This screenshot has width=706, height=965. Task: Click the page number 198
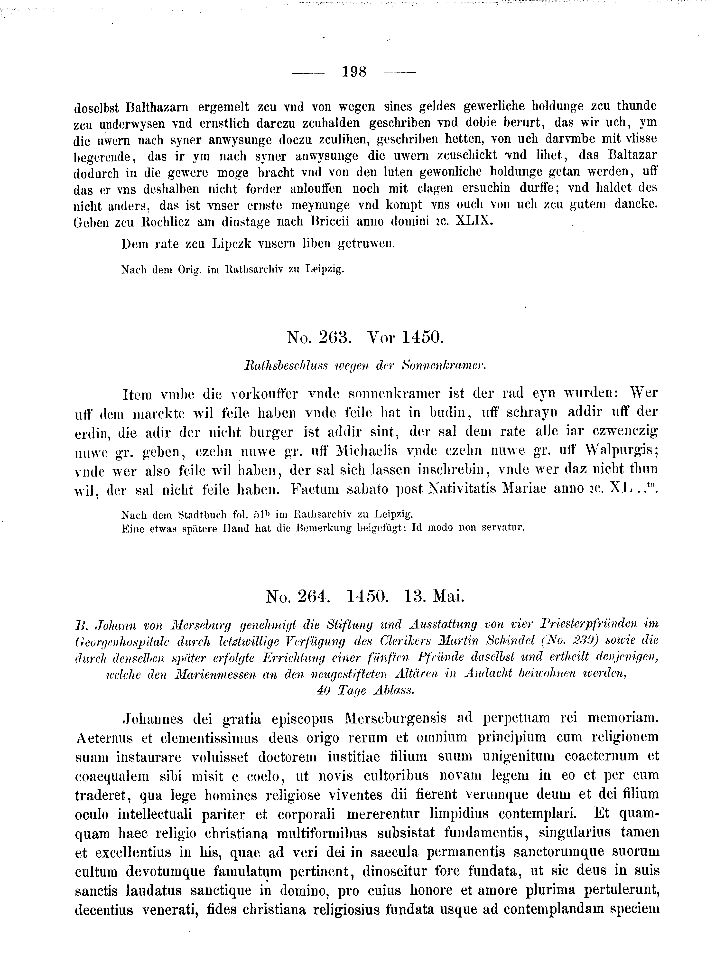click(354, 71)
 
